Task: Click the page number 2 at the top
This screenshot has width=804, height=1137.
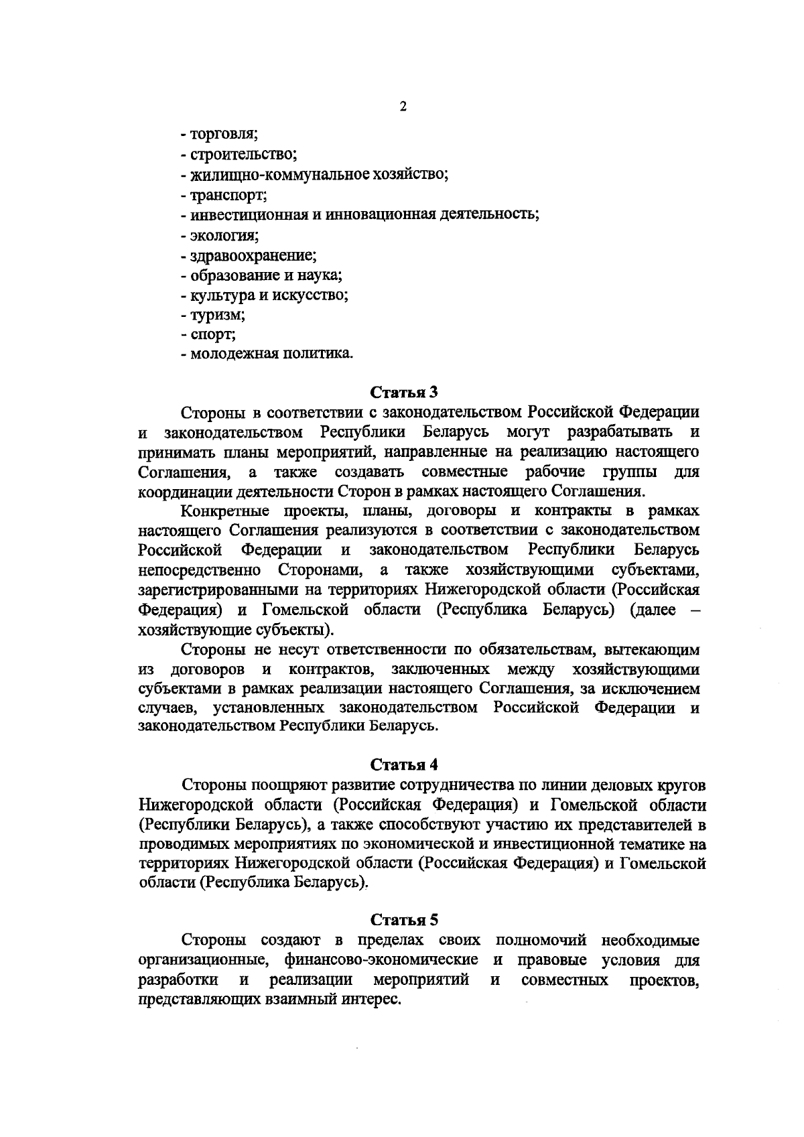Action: click(403, 107)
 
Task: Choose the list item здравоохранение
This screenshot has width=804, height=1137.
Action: click(253, 255)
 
